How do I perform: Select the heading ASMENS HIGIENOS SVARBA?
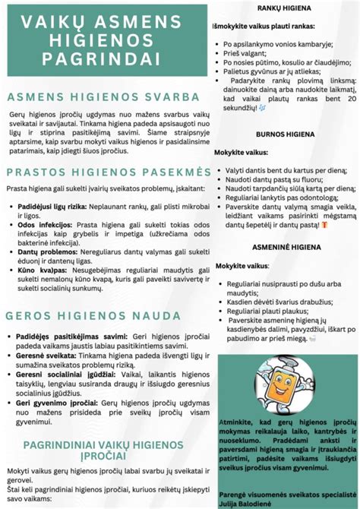point(103,97)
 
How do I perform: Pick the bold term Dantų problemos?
point(38,251)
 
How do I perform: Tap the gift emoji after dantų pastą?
point(324,225)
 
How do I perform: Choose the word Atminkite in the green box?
point(235,421)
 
